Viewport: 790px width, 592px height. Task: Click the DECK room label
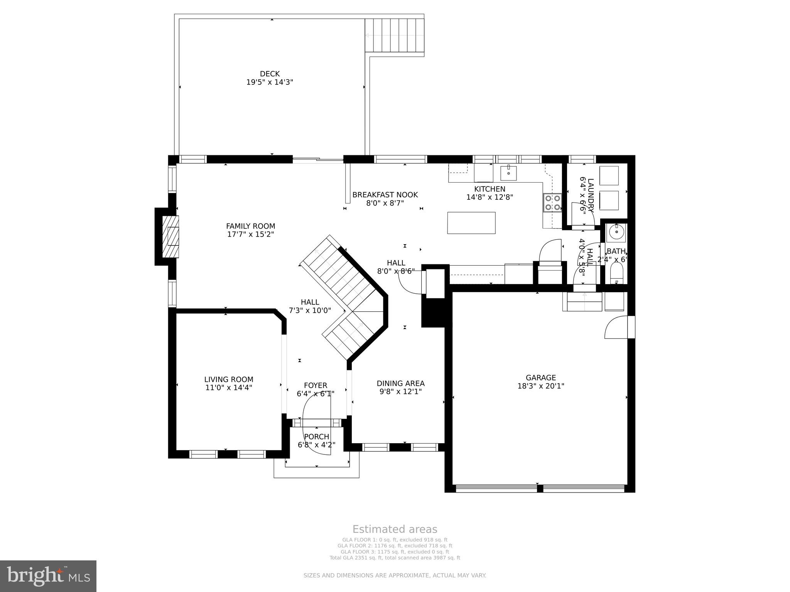(270, 74)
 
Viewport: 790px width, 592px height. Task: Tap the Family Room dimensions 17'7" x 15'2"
(250, 234)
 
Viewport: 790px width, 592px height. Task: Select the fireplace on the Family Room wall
(170, 236)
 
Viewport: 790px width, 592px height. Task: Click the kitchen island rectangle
(471, 223)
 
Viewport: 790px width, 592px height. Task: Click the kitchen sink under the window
(509, 173)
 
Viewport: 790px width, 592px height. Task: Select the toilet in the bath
(616, 274)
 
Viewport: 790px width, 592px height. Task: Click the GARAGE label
(541, 378)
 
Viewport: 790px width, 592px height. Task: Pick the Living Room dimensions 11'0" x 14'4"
(229, 388)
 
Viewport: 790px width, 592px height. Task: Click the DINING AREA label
(400, 383)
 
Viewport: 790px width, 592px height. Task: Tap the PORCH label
(316, 437)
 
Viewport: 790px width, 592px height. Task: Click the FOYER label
(316, 385)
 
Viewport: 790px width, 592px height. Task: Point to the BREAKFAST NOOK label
(385, 195)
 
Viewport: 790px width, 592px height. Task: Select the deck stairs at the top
(395, 35)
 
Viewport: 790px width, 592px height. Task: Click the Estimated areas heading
(395, 529)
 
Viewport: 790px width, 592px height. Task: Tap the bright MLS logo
(48, 576)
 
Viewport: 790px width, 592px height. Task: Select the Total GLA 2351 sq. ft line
(395, 558)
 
